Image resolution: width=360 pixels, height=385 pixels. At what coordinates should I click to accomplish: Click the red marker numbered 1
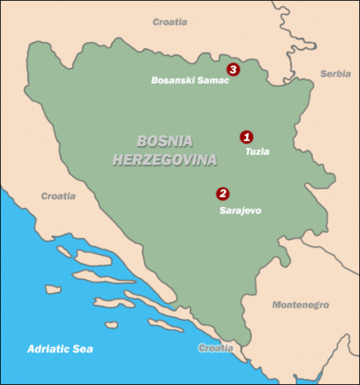247,136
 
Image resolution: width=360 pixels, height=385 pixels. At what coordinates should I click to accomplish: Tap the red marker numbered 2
222,193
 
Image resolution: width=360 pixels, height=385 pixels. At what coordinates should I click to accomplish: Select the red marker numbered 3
233,70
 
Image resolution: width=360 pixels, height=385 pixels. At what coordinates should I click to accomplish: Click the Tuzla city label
257,151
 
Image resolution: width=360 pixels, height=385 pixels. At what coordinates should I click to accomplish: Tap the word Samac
212,80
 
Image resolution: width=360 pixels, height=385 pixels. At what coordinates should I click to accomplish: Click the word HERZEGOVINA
165,160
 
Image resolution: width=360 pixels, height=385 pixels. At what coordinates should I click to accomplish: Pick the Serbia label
335,73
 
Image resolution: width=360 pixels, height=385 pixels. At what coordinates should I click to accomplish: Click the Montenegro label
301,306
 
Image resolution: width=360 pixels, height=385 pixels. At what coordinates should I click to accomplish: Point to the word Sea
83,349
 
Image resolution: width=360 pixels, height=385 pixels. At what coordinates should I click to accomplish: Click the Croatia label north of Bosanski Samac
170,22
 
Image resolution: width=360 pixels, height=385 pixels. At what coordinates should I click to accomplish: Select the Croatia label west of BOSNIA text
58,196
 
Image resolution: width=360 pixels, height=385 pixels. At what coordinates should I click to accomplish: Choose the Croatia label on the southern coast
216,348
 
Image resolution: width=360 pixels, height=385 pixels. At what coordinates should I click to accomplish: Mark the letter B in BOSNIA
143,141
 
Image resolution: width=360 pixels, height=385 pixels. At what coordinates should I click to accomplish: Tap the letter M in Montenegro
277,306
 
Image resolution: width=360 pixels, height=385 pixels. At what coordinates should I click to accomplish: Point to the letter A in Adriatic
30,349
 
